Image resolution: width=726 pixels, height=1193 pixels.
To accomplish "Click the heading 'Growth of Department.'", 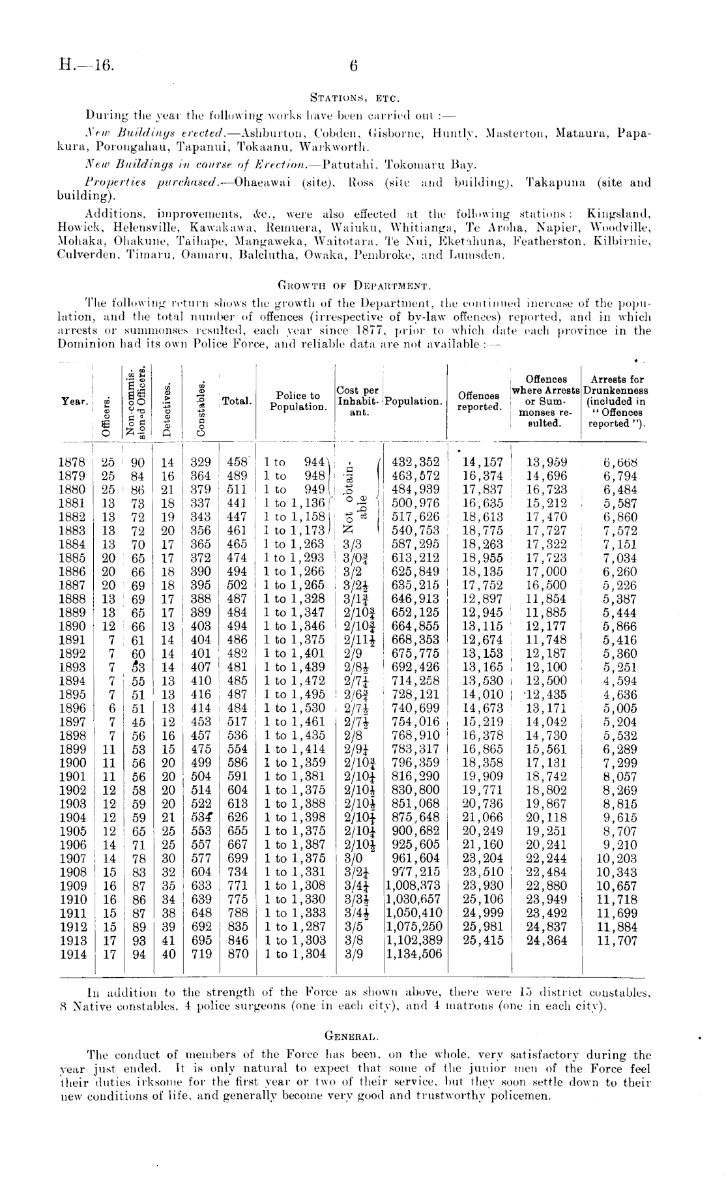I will [x=353, y=285].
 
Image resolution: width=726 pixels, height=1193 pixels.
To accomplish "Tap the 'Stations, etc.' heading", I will [x=353, y=98].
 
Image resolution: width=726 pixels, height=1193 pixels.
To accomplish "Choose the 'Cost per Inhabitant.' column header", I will [x=357, y=401].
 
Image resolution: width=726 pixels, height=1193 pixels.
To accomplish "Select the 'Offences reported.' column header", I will [x=479, y=401].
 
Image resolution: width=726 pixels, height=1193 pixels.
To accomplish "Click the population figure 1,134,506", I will [x=414, y=954].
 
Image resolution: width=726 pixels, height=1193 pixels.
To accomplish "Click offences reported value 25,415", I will [x=479, y=940].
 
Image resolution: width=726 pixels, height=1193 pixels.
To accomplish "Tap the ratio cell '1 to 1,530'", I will [x=294, y=708].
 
